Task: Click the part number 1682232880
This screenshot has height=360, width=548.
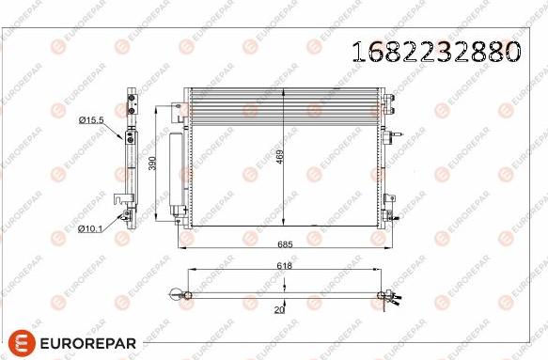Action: tap(434, 52)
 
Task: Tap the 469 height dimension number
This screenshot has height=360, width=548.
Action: tap(280, 158)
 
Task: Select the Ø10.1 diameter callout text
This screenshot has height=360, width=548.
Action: tap(90, 228)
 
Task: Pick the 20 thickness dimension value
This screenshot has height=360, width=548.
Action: tap(280, 309)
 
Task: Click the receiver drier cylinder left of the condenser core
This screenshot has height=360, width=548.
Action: tap(175, 174)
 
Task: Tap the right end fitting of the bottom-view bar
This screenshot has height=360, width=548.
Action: tap(385, 298)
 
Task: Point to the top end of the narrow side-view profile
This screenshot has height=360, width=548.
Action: tap(131, 94)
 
